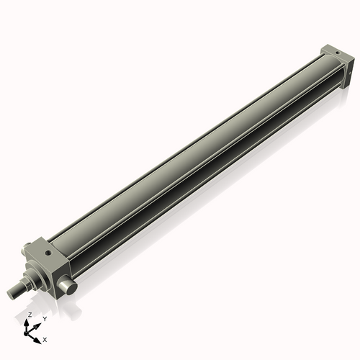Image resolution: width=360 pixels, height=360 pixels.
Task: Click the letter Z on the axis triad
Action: click(30, 315)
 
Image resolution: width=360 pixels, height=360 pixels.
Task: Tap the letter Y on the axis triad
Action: click(44, 318)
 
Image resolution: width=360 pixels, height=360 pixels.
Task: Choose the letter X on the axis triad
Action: click(45, 338)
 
